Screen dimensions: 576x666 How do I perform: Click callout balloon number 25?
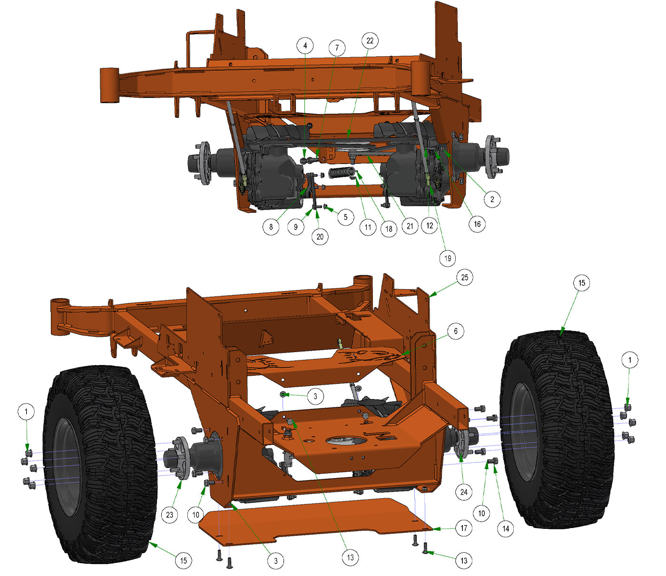464,277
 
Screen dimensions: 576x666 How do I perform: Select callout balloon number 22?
370,41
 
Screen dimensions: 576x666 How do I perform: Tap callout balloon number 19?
447,259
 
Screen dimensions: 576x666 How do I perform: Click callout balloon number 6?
455,331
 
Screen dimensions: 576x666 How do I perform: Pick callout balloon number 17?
464,528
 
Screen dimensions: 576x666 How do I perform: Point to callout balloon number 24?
464,492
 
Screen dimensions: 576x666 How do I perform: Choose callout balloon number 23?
170,515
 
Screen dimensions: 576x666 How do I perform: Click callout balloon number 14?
505,528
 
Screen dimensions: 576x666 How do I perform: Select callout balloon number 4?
305,46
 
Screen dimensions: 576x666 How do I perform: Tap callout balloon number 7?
337,48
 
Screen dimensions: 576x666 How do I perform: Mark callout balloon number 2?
492,199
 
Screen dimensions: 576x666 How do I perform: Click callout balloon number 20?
320,236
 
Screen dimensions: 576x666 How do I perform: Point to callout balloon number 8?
271,226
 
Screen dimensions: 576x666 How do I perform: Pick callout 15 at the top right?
581,283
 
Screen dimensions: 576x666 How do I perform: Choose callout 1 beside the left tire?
26,412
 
